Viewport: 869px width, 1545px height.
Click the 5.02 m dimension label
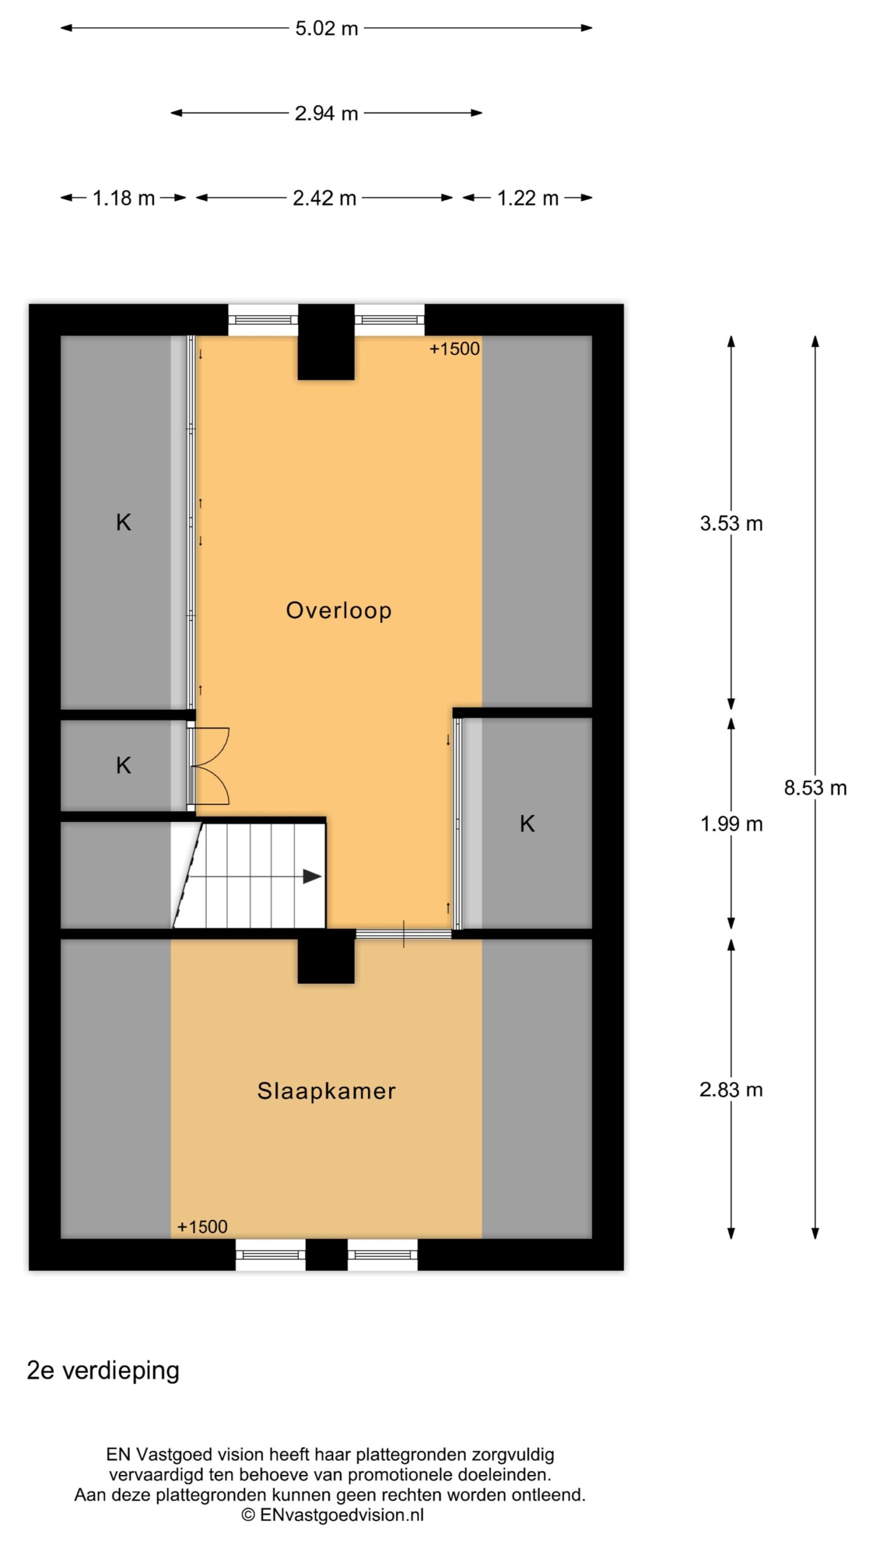point(326,28)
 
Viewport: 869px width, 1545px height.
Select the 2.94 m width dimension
point(326,113)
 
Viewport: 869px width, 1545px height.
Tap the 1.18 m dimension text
point(124,198)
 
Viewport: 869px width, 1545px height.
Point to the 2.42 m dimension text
point(325,198)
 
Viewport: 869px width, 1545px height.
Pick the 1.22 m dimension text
point(528,198)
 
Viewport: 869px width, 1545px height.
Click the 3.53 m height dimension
point(731,523)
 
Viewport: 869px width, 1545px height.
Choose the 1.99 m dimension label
point(731,824)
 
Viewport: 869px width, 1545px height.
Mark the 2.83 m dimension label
point(731,1089)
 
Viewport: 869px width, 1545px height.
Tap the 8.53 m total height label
point(815,788)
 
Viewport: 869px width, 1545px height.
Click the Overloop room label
point(339,610)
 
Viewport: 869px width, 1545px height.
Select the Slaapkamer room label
point(326,1091)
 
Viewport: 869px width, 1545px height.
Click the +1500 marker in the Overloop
point(454,349)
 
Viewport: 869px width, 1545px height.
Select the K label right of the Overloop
point(527,824)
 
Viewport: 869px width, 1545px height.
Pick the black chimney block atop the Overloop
point(326,342)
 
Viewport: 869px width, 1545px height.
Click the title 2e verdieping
point(103,1371)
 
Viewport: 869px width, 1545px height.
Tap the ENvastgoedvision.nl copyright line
point(333,1514)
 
